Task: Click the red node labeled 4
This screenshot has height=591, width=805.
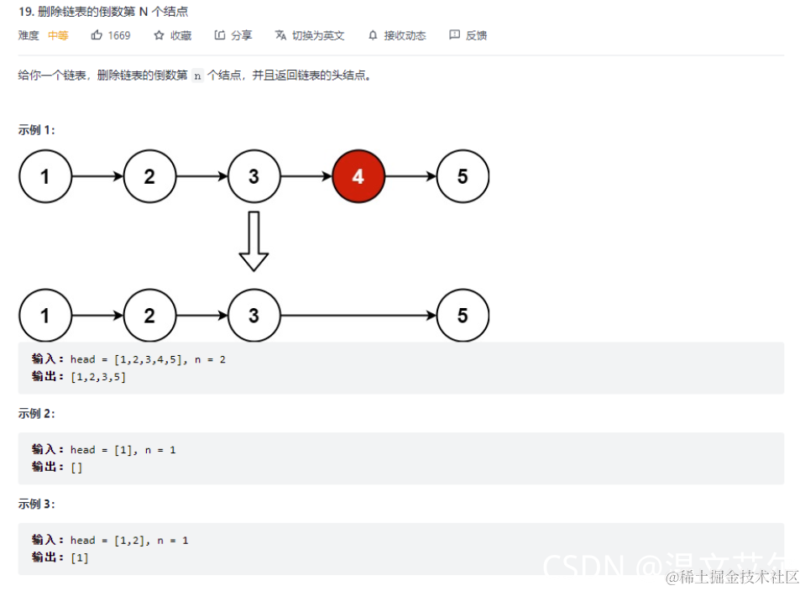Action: point(358,176)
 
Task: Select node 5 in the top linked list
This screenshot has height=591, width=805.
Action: point(463,176)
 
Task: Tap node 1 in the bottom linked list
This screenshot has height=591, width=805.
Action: point(45,316)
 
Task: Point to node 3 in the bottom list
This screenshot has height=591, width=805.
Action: point(254,316)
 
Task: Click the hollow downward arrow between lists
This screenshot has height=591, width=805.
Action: point(254,241)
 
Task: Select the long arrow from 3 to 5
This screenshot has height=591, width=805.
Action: point(358,316)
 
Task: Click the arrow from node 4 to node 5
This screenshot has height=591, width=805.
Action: point(410,176)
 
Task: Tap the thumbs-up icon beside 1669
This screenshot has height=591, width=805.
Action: point(97,35)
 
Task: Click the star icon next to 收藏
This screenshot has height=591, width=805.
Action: point(159,35)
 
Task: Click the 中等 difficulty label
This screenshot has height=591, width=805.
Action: point(58,35)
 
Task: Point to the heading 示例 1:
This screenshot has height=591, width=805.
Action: point(37,130)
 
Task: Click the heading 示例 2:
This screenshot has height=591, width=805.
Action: point(37,414)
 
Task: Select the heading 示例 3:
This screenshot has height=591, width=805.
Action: point(37,504)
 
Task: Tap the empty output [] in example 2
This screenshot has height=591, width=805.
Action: point(76,468)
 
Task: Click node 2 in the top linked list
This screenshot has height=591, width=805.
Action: point(149,176)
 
